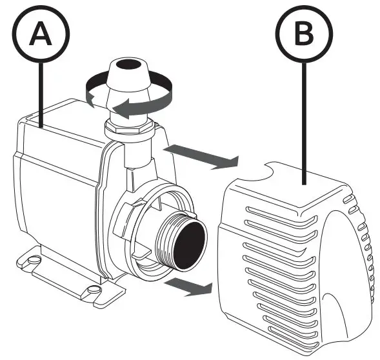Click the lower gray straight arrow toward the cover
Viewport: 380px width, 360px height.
[187, 286]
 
